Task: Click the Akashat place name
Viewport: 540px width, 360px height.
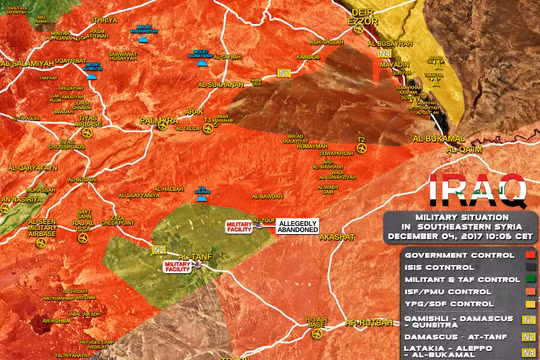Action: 336,236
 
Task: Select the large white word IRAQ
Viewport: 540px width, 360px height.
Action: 478,189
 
